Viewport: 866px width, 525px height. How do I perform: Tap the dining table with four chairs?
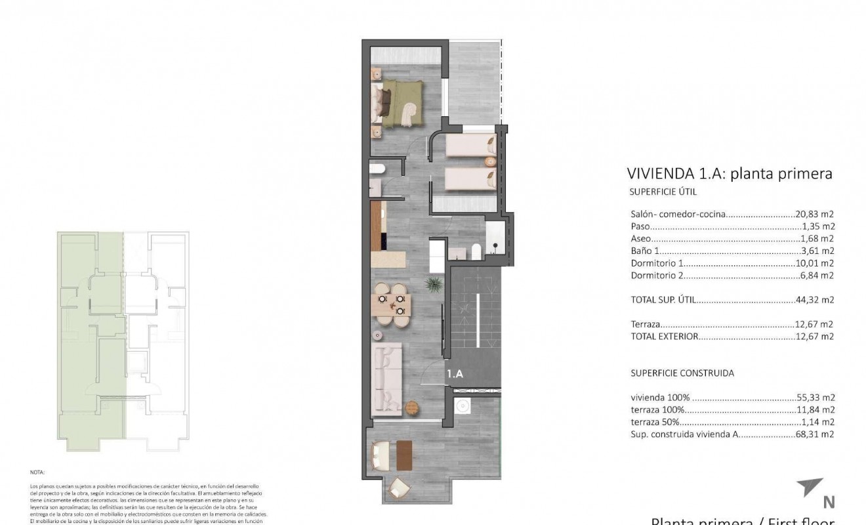click(392, 305)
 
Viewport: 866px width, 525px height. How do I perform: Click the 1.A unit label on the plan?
click(455, 374)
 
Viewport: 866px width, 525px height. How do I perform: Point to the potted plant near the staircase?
click(433, 284)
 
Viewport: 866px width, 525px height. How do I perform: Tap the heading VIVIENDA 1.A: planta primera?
click(730, 174)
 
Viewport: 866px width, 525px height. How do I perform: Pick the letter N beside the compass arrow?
click(829, 503)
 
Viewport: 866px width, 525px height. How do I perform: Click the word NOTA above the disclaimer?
click(37, 472)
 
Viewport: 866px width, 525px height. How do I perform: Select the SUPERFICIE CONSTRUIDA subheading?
click(682, 373)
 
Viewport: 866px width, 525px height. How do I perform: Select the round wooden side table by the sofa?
click(411, 408)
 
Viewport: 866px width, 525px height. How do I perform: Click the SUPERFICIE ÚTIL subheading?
click(663, 192)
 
